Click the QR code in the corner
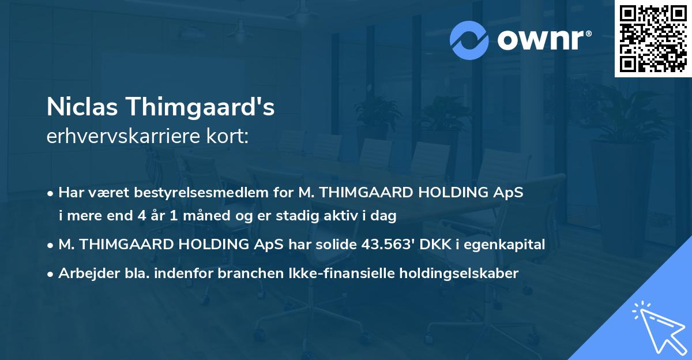653,39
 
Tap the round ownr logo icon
469,40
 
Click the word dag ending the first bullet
385,216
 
